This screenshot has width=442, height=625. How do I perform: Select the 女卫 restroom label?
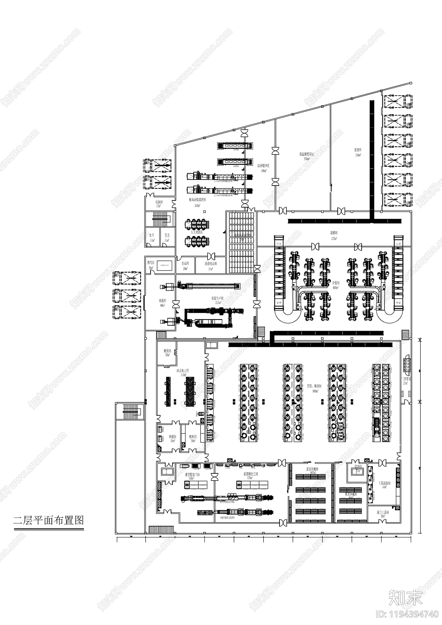click(152, 237)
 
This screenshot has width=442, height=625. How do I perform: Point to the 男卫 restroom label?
click(167, 237)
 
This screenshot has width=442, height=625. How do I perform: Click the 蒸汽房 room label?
click(151, 265)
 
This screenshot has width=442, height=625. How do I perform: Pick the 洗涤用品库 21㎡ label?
click(211, 266)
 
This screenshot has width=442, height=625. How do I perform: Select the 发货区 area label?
click(358, 152)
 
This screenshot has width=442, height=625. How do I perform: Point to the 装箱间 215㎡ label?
click(334, 235)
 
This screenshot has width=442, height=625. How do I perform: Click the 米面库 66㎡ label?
click(162, 303)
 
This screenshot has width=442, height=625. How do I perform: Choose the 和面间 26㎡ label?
click(172, 438)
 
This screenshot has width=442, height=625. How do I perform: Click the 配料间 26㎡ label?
click(193, 438)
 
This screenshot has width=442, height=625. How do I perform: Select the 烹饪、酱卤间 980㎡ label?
click(314, 388)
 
